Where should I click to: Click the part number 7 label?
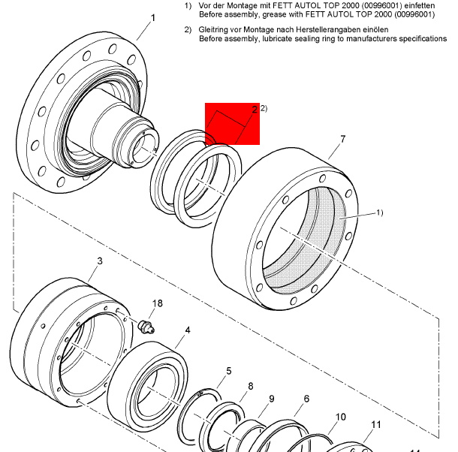pos(342,139)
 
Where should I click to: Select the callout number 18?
pos(156,303)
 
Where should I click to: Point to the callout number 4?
pos(188,330)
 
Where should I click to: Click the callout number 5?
pos(229,371)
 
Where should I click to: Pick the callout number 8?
pos(250,387)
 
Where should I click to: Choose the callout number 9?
pos(271,399)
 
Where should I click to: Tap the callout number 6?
pos(306,399)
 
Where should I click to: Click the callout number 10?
pos(340,417)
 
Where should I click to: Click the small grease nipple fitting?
pos(147,325)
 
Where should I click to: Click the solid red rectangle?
pos(233,125)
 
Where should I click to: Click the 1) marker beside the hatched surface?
pos(379,213)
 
